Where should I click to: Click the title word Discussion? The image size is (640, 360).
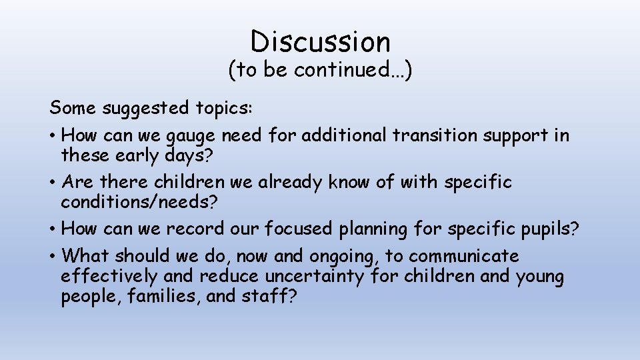tap(320, 41)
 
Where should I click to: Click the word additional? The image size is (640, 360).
tap(343, 135)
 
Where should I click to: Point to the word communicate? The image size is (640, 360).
tap(464, 256)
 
